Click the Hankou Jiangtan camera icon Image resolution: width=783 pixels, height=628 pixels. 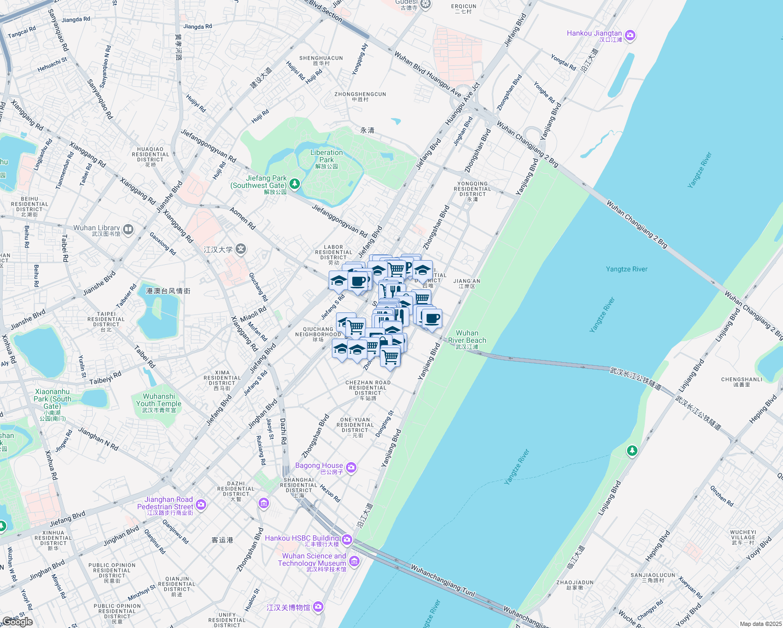[x=630, y=36]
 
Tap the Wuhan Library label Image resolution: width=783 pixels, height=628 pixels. [x=97, y=228]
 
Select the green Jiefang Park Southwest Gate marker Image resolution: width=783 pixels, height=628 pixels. [x=295, y=184]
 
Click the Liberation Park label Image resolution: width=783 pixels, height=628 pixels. [x=327, y=156]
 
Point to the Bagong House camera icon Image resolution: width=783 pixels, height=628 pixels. [x=351, y=467]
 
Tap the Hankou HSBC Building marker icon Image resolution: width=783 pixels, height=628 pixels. [x=347, y=540]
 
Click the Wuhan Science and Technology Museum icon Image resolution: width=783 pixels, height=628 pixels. [x=354, y=562]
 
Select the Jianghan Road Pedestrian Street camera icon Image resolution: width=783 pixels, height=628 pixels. [x=201, y=505]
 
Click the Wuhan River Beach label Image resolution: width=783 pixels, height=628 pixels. [x=467, y=337]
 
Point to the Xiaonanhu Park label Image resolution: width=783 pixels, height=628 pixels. [x=52, y=399]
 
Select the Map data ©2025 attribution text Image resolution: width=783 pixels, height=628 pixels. [x=760, y=624]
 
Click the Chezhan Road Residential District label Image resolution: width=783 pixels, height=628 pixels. [x=368, y=388]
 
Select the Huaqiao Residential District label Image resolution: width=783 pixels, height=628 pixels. [x=150, y=154]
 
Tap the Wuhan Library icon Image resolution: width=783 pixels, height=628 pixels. [x=128, y=229]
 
